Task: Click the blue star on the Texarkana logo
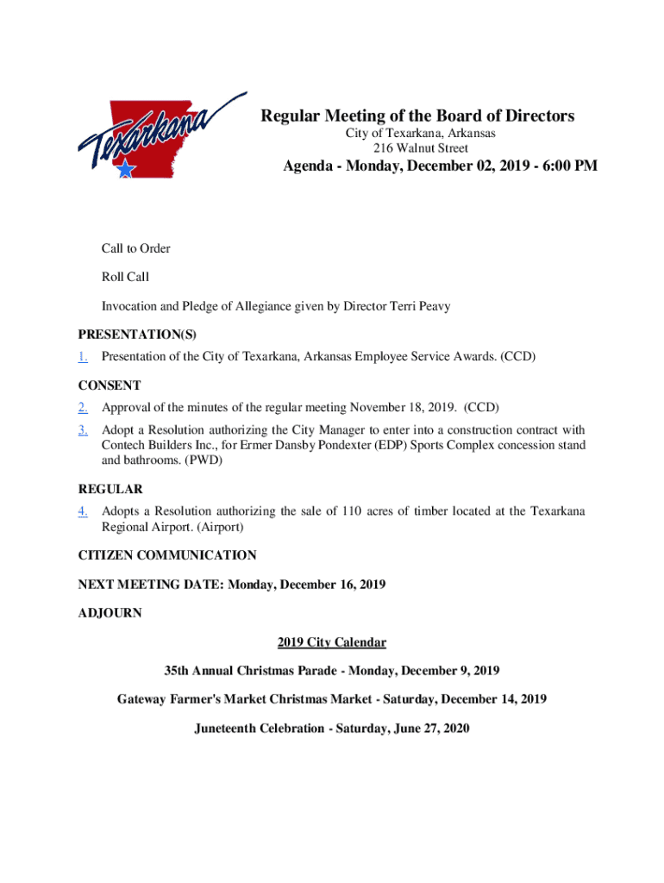(126, 169)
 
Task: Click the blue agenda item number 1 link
(83, 355)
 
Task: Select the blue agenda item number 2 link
(83, 407)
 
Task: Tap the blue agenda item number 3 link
(83, 429)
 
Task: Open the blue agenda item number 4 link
(83, 511)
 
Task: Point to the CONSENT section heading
(110, 385)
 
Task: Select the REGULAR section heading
(110, 489)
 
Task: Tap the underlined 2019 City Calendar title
(332, 642)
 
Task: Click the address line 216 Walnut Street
(421, 148)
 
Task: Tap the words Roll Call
(125, 277)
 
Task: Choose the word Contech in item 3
(124, 446)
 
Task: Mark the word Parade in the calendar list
(318, 670)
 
